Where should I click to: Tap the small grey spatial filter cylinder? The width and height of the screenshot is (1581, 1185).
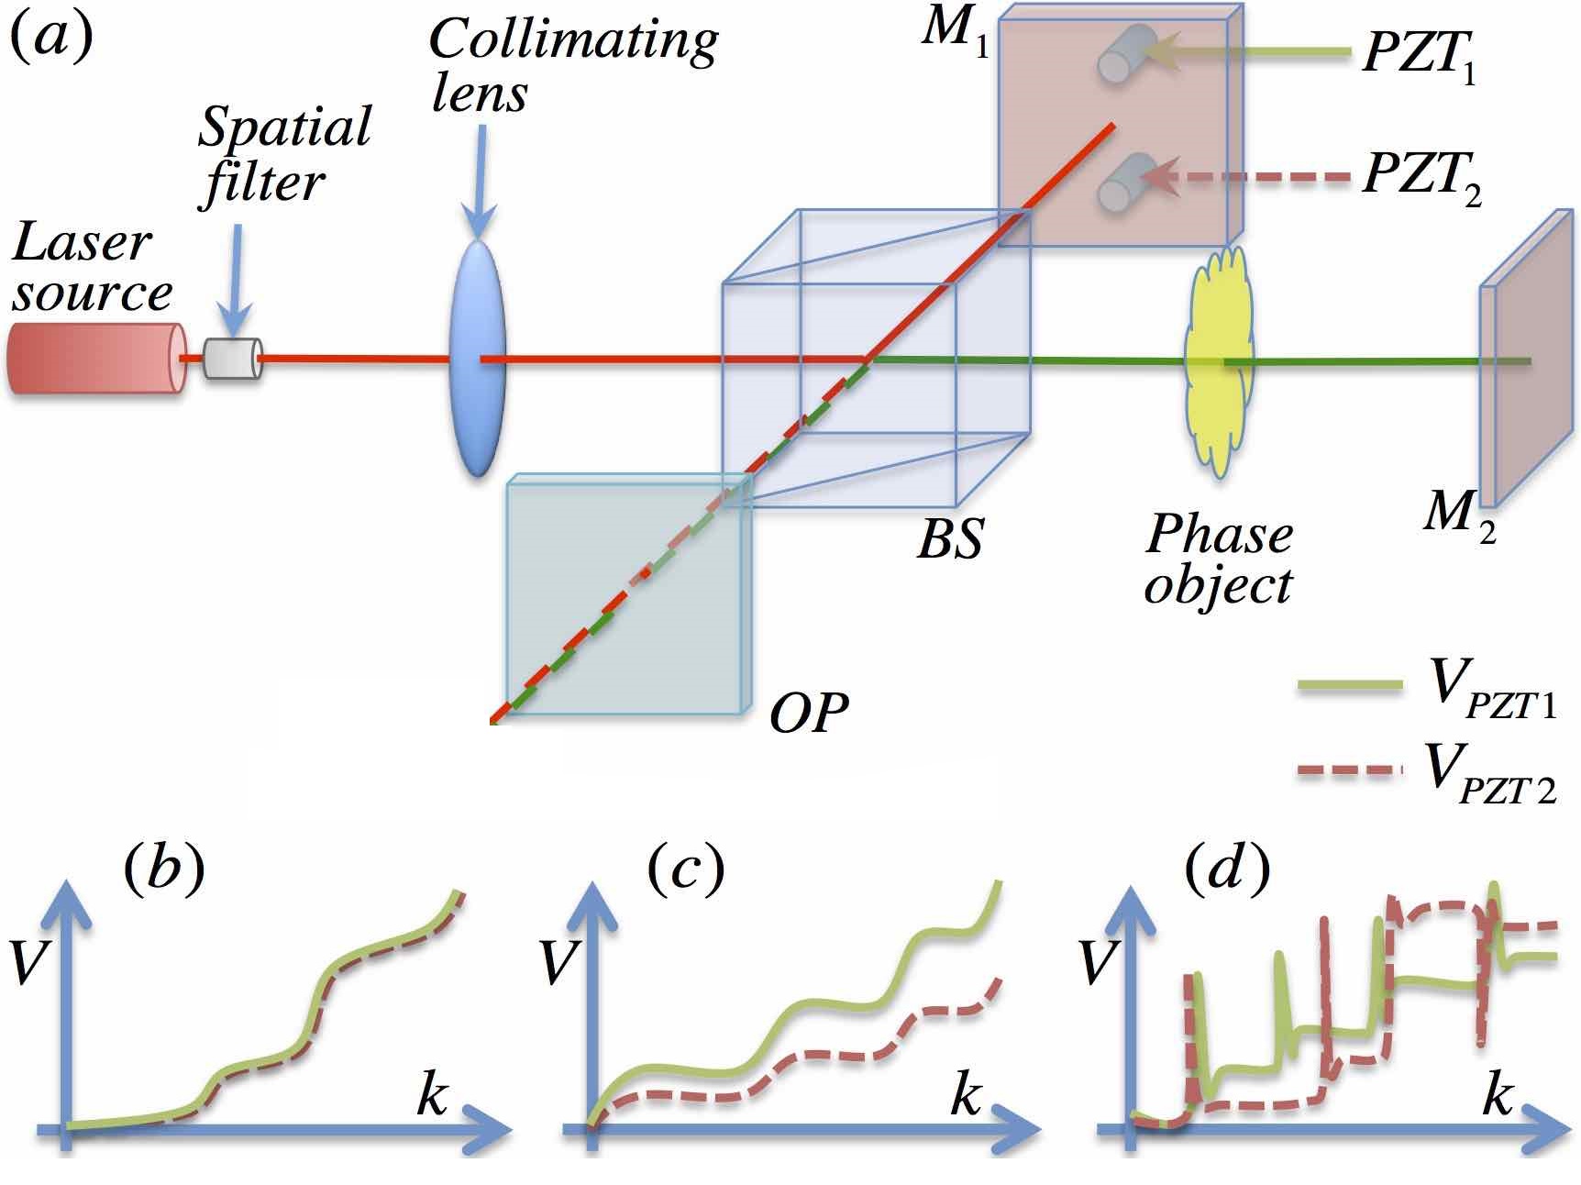click(232, 359)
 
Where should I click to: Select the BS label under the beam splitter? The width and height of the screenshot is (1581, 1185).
click(950, 540)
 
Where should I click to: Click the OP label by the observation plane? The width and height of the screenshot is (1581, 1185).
click(808, 713)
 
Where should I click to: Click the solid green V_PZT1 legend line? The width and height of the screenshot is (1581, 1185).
click(1350, 686)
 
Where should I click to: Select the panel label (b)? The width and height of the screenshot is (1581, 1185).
click(162, 868)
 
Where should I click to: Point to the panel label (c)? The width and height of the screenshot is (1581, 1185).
click(685, 868)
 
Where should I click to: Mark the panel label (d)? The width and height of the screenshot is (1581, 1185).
click(1227, 868)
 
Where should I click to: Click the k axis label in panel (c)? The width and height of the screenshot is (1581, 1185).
click(966, 1093)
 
